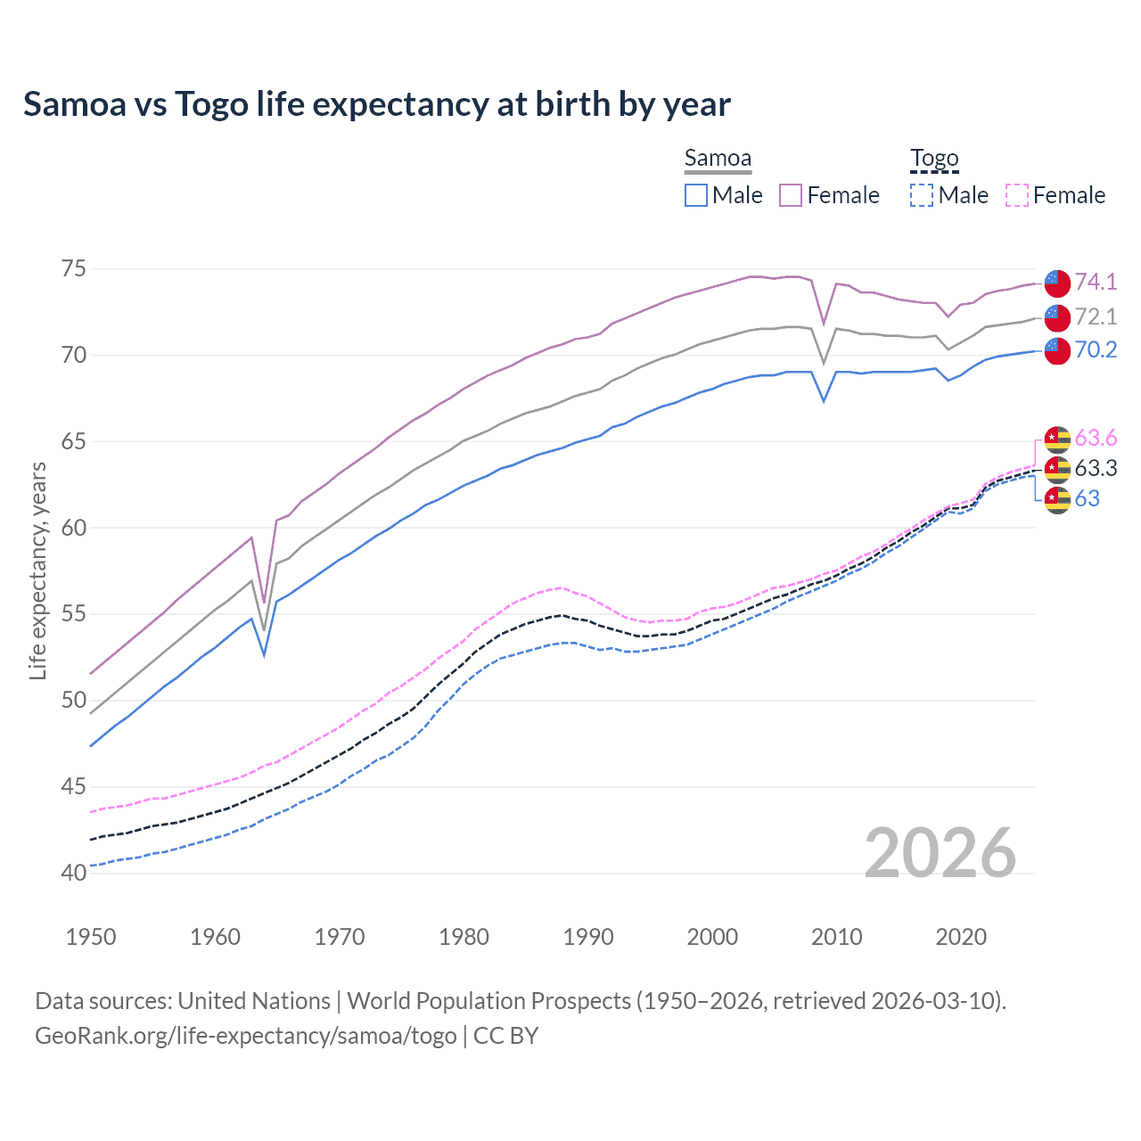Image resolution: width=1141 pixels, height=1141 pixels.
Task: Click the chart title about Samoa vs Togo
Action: click(377, 104)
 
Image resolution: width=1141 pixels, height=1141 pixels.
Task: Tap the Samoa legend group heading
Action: click(718, 159)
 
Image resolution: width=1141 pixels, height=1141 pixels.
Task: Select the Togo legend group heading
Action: click(934, 159)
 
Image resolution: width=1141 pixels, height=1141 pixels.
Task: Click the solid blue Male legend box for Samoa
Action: click(696, 195)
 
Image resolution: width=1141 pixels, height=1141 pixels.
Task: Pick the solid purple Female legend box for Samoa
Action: click(791, 195)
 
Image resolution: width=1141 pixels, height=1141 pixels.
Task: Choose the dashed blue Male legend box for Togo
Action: click(922, 195)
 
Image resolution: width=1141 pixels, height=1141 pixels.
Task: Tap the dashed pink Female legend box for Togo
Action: click(1017, 195)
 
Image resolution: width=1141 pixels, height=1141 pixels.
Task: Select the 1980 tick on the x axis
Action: click(464, 937)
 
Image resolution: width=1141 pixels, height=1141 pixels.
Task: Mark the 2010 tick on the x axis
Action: click(836, 937)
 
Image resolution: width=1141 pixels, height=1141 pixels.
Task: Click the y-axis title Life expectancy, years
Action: click(37, 570)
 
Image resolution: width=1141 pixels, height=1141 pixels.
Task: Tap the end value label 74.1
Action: click(1096, 282)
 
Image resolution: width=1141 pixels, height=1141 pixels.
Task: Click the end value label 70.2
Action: click(1096, 349)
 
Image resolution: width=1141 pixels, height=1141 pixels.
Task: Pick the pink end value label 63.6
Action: click(1096, 438)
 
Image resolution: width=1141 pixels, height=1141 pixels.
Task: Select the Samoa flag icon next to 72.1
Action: click(1057, 317)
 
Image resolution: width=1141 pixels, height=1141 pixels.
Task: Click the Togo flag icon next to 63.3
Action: click(1057, 469)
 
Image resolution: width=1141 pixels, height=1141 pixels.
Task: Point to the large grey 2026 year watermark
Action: click(940, 853)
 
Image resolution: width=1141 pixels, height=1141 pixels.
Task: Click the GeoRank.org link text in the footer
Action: click(245, 1036)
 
